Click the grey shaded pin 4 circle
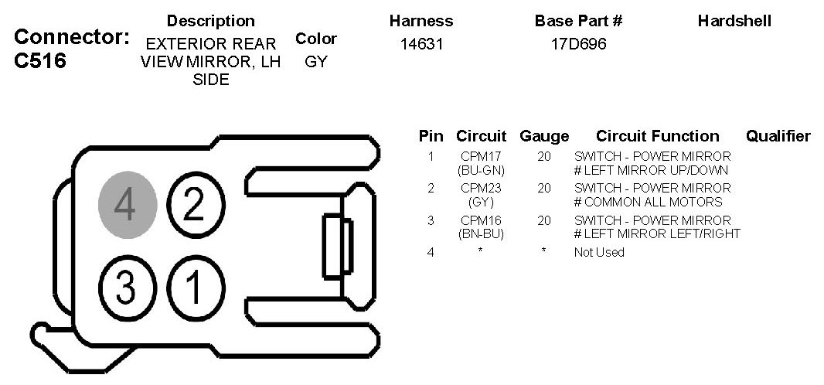coord(128,205)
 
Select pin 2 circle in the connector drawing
coord(196,204)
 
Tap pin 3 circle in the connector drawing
coord(128,288)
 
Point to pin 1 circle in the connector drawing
coord(196,288)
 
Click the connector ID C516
coord(40,61)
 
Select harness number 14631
coord(421,44)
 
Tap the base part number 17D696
coord(579,44)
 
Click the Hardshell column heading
coord(734,21)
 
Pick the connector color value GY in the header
coord(316,62)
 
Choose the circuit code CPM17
coord(481,156)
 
